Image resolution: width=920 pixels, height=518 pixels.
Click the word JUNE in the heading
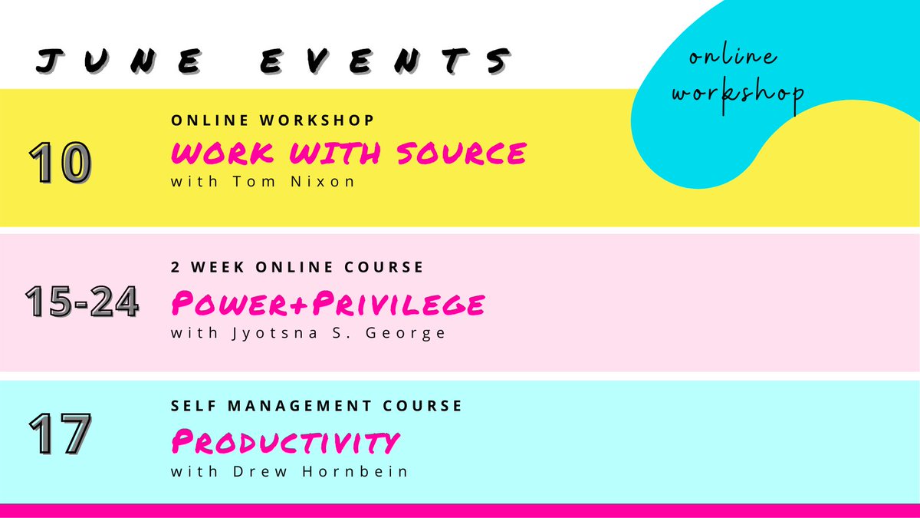(119, 61)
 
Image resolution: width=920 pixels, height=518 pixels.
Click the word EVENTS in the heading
(386, 61)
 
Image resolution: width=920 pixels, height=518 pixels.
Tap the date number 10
(60, 162)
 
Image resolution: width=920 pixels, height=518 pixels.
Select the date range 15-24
(82, 301)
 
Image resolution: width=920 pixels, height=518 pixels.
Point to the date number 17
(60, 434)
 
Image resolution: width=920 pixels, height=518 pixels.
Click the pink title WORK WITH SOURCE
(349, 153)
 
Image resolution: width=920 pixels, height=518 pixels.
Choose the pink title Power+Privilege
(328, 303)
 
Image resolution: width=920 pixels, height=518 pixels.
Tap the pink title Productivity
(285, 441)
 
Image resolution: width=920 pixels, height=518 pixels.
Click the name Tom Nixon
(294, 181)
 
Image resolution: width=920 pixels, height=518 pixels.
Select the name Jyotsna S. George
(339, 332)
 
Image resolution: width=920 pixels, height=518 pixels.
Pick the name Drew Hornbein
(320, 471)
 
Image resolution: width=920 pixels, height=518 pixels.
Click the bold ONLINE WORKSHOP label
(272, 120)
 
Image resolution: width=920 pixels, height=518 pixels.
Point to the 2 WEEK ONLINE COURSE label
(297, 267)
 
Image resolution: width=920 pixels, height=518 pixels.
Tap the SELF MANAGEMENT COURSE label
(317, 406)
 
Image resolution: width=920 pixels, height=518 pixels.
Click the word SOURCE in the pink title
(462, 153)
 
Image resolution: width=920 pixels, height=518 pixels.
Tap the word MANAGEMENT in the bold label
(300, 406)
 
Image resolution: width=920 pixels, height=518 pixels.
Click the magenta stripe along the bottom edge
(460, 510)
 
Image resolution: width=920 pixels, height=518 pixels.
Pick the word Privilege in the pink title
(399, 303)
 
